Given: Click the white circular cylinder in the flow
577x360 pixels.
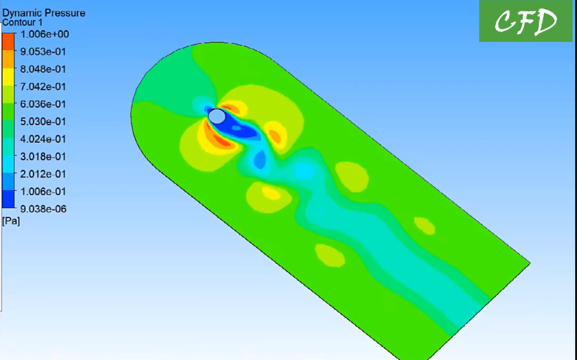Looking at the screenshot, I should pyautogui.click(x=217, y=116).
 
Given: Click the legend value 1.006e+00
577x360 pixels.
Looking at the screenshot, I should pyautogui.click(x=44, y=34).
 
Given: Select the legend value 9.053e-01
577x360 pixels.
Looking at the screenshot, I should pyautogui.click(x=43, y=52).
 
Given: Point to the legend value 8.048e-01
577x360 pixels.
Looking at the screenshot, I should pyautogui.click(x=43, y=69).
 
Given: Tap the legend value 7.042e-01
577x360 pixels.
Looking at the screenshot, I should pyautogui.click(x=43, y=87).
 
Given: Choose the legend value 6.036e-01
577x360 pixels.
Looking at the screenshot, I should pyautogui.click(x=43, y=104).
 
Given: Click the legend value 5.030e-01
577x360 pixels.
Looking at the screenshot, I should pyautogui.click(x=43, y=122).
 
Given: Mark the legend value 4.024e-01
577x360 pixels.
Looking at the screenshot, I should pyautogui.click(x=43, y=139).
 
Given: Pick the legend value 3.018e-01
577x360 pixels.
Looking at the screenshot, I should pyautogui.click(x=43, y=156).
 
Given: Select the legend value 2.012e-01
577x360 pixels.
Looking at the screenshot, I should pyautogui.click(x=43, y=174).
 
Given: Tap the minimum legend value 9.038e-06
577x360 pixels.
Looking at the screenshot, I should pyautogui.click(x=43, y=209).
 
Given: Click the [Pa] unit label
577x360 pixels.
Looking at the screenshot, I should pyautogui.click(x=11, y=221).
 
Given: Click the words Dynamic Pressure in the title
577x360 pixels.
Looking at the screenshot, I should pyautogui.click(x=44, y=13).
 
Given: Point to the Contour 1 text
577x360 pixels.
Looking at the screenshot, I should pyautogui.click(x=22, y=22).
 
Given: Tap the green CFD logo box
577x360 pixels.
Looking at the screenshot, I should pyautogui.click(x=526, y=21).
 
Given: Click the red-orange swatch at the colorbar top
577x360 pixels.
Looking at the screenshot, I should pyautogui.click(x=8, y=41).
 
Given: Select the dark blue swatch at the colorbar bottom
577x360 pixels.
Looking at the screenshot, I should pyautogui.click(x=8, y=199).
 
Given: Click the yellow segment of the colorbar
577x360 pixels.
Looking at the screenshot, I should pyautogui.click(x=8, y=77).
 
